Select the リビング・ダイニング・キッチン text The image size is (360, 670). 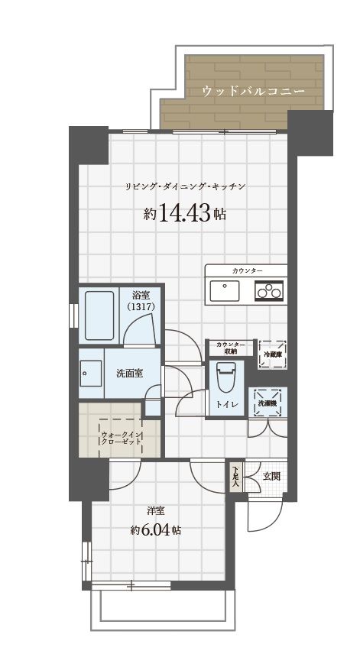tap(184, 186)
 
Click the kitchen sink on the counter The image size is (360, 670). tap(224, 290)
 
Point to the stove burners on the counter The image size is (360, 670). tap(270, 290)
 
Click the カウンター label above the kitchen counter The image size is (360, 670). tap(245, 271)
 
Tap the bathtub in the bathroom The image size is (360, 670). tap(98, 316)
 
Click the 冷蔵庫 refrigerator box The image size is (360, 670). tap(272, 354)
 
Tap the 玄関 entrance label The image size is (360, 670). tap(271, 476)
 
